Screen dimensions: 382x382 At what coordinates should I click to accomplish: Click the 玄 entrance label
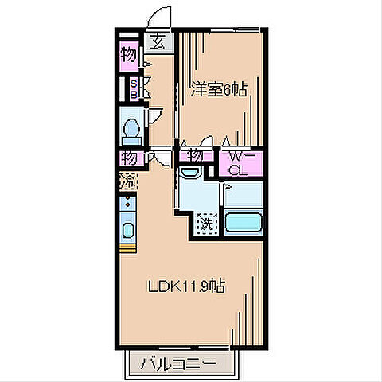point(158,43)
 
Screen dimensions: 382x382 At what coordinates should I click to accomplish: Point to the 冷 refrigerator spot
point(128,181)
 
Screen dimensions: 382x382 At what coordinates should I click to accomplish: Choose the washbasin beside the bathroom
point(189,172)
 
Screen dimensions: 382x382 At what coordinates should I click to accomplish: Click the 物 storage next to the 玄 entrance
point(128,56)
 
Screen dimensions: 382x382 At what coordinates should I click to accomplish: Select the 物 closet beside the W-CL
point(194,157)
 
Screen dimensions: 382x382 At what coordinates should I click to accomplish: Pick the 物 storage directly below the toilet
point(128,158)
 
